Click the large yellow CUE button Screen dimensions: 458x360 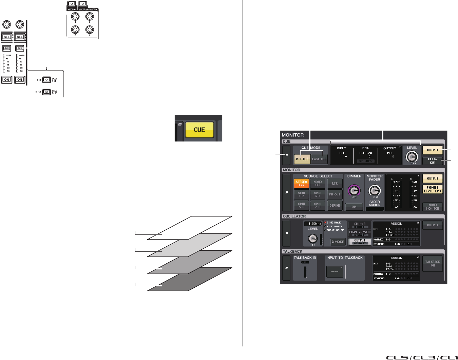(x=199, y=130)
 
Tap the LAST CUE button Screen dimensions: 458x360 (x=319, y=159)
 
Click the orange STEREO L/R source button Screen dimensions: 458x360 (x=301, y=184)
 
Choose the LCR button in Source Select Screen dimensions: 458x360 (x=335, y=184)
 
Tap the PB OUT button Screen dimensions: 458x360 (x=335, y=194)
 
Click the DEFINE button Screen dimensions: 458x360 (x=335, y=206)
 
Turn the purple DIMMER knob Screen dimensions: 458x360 (x=354, y=190)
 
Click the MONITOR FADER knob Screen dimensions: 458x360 (x=375, y=191)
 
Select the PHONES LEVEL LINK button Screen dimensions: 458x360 (x=433, y=189)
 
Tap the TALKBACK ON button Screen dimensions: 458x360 (x=433, y=264)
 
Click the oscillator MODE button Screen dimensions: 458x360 (x=338, y=242)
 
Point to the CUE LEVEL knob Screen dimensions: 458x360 (x=412, y=156)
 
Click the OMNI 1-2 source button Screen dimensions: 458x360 (x=302, y=194)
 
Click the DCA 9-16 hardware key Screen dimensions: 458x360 (x=46, y=92)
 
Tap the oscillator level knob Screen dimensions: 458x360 (x=312, y=239)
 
